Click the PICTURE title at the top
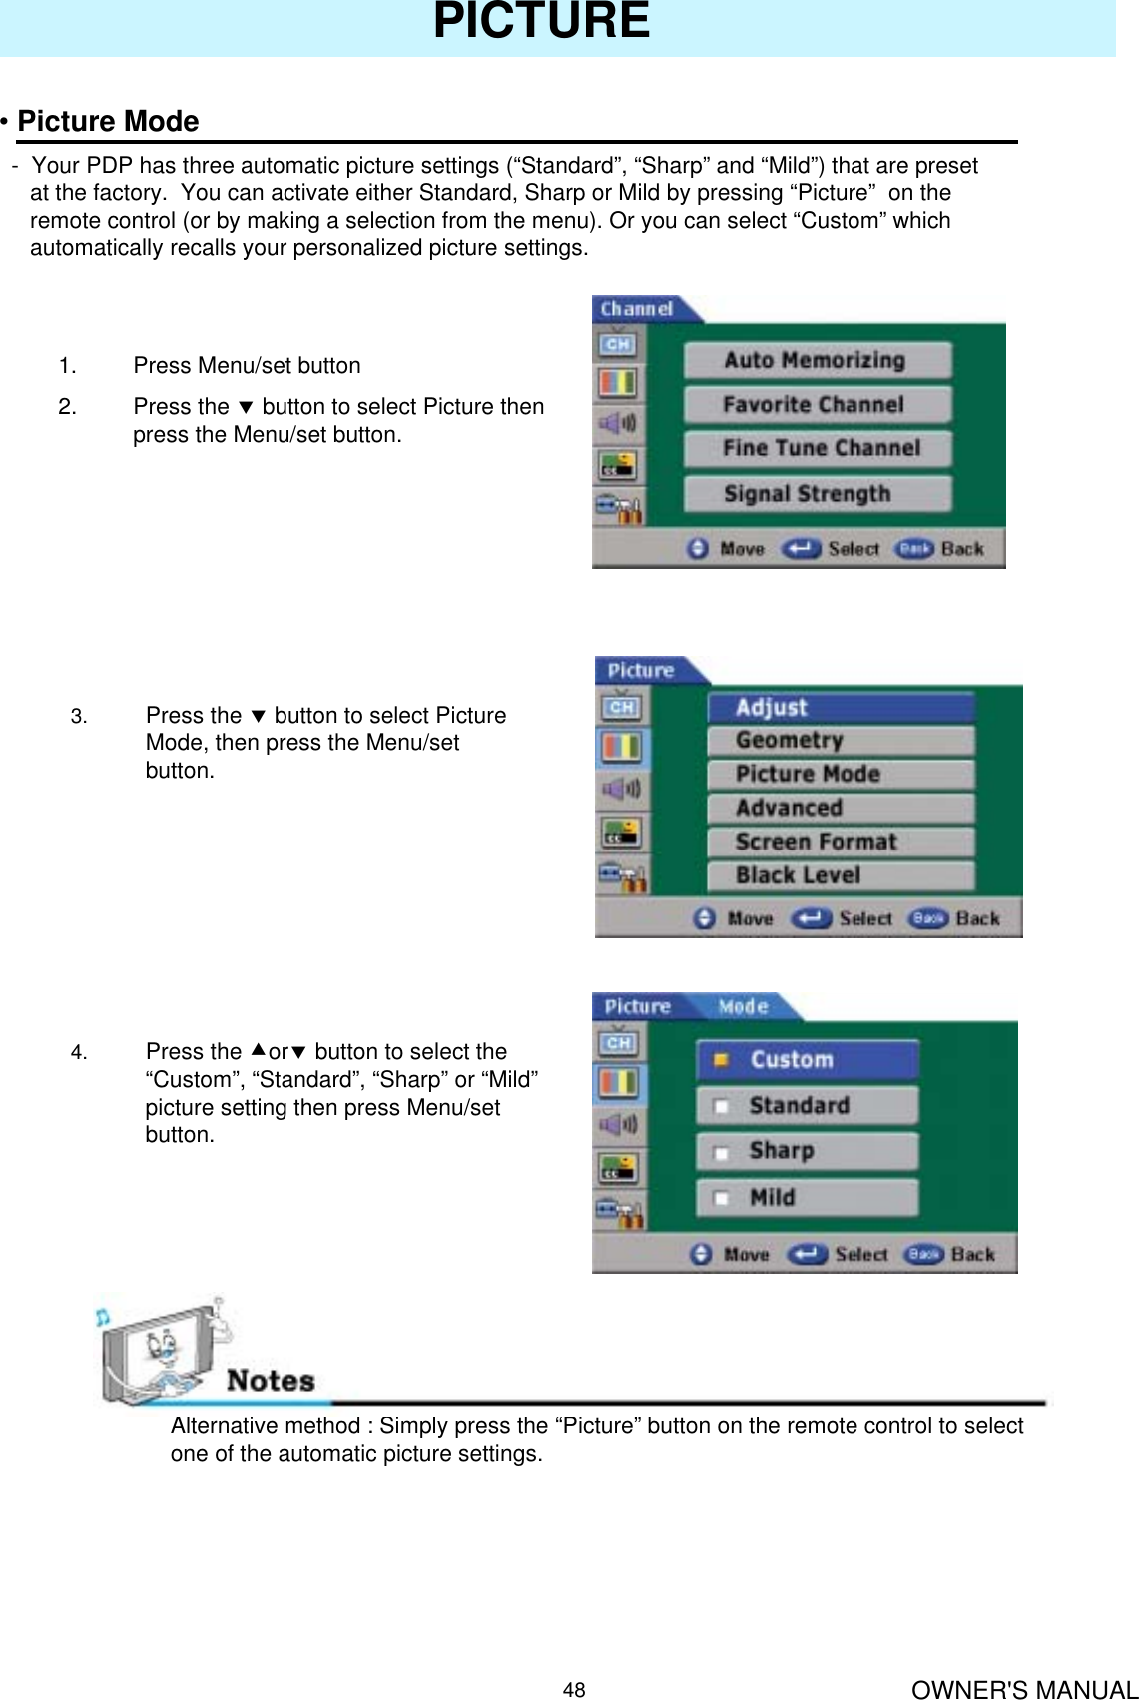(541, 22)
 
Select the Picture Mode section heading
(108, 121)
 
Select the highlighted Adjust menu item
(840, 707)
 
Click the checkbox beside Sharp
(720, 1153)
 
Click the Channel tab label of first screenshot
(636, 309)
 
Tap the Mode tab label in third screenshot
(743, 1007)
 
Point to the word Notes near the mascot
(271, 1381)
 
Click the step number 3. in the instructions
(79, 716)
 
